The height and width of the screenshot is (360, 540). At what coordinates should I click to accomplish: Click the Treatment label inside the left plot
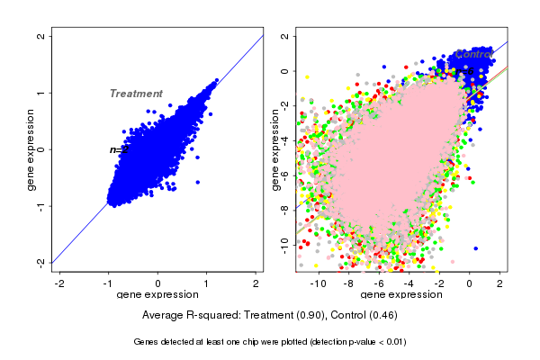pyautogui.click(x=136, y=94)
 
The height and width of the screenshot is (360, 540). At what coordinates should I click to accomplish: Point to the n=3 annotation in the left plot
pyautogui.click(x=119, y=149)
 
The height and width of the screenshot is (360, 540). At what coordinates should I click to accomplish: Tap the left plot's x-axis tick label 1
pyautogui.click(x=208, y=282)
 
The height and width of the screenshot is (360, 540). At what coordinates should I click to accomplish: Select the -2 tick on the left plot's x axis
pyautogui.click(x=59, y=282)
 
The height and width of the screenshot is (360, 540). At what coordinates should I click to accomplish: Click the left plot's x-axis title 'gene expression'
pyautogui.click(x=158, y=294)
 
